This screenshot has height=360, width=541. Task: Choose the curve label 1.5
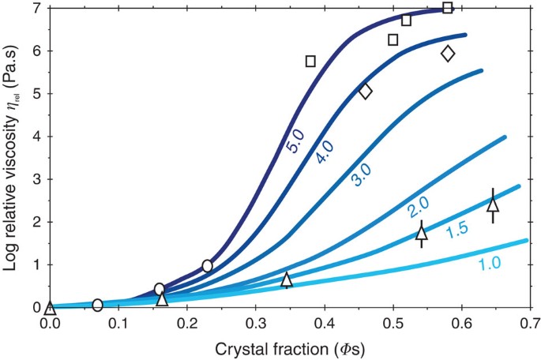[x=459, y=232]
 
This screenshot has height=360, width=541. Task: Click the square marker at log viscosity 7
[x=448, y=8]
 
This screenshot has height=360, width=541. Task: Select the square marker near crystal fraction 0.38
[x=310, y=61]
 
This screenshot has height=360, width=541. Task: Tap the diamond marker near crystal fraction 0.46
[x=365, y=92]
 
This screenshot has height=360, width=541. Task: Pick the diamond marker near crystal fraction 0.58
[x=448, y=54]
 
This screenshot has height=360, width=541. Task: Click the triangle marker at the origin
[x=49, y=307]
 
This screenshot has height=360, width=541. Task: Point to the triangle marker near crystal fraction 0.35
[x=287, y=279]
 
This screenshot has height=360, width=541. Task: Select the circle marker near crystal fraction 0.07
[x=97, y=305]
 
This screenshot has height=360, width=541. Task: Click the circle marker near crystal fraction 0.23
[x=207, y=266]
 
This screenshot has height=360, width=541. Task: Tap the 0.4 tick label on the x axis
[x=324, y=322]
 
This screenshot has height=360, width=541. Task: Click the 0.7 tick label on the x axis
[x=529, y=322]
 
